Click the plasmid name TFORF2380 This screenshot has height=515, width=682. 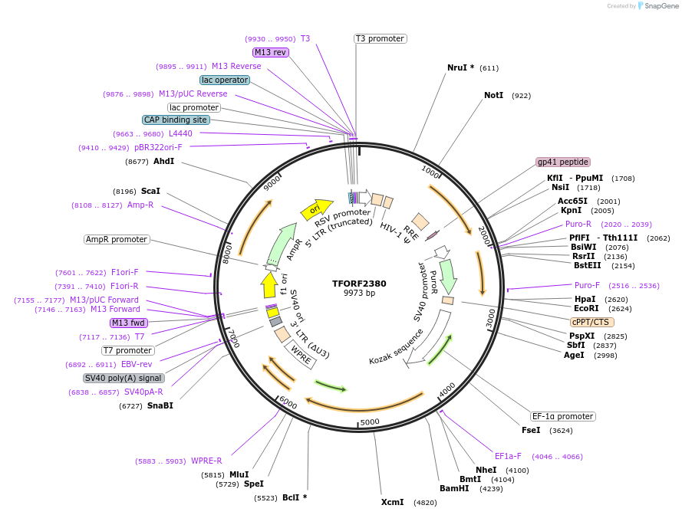tap(359, 283)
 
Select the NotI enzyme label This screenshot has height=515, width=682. tap(493, 96)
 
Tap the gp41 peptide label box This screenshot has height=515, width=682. tap(563, 162)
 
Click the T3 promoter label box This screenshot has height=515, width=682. tap(380, 38)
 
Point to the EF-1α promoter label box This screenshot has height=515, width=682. tap(563, 416)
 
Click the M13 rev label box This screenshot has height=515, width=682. tap(270, 52)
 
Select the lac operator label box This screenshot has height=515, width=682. tap(224, 80)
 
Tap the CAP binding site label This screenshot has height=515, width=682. tap(176, 120)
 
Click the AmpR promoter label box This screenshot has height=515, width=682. tap(117, 239)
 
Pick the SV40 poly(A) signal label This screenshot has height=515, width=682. tap(124, 378)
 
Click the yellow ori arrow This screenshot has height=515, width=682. tap(315, 208)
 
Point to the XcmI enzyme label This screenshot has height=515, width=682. tap(392, 502)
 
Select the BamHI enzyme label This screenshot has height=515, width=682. tap(454, 488)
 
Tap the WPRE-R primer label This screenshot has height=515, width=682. tap(206, 461)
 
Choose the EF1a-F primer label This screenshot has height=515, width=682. tap(508, 456)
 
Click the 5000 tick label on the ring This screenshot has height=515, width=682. tap(370, 422)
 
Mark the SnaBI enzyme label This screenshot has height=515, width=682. tap(160, 405)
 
